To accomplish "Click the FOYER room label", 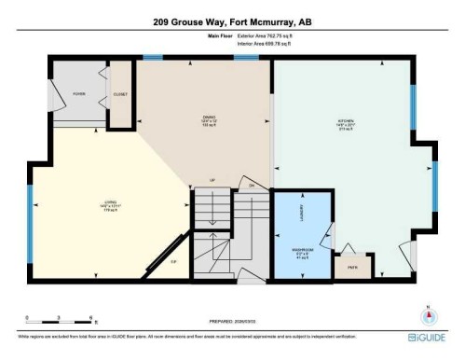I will coord(78,92).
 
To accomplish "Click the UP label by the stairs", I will coord(212,178).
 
